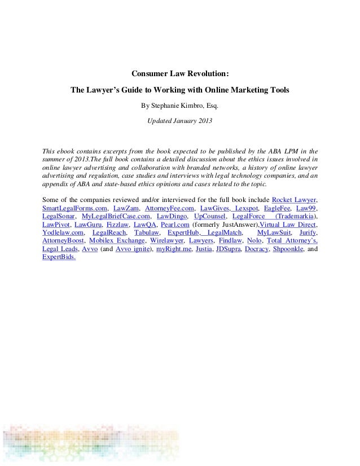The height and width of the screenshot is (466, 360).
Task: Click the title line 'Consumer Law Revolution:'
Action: pos(180,73)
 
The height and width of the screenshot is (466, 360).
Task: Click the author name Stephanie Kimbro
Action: pos(182,105)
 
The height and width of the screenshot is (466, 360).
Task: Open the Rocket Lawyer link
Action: pos(295,200)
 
